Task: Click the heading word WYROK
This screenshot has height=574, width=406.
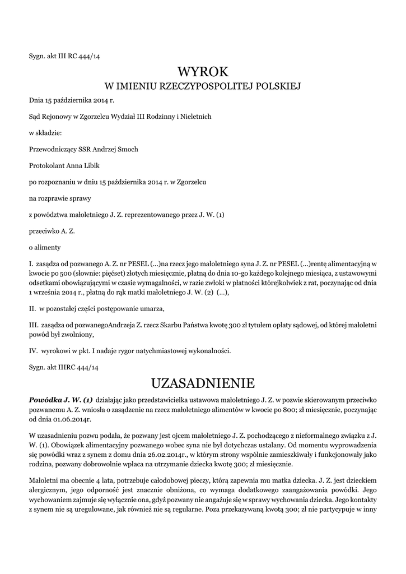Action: click(x=203, y=72)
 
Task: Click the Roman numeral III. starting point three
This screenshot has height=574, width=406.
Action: click(x=33, y=325)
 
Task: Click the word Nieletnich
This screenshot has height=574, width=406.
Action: click(x=195, y=117)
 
